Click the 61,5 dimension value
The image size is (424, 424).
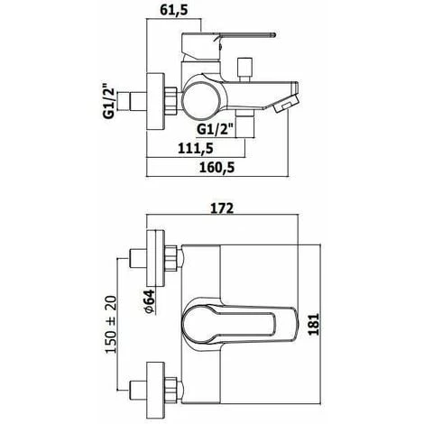point(174,10)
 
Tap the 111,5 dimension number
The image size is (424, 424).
point(196,148)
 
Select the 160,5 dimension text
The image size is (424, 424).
point(217,168)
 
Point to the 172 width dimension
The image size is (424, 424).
point(222,208)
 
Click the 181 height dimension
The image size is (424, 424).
point(314,324)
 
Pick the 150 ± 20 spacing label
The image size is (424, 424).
point(111,325)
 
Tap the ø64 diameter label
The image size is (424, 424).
point(150,301)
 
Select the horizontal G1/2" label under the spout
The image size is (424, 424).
point(216,130)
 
